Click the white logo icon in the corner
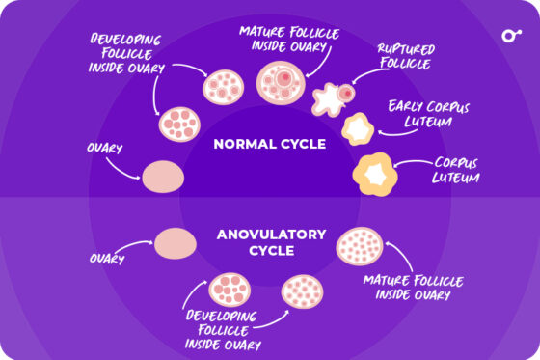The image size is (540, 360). [x=510, y=37]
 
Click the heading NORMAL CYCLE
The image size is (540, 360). [x=270, y=145]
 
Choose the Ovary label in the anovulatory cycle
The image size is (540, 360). [x=107, y=259]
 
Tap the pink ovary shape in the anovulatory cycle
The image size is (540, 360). [x=175, y=242]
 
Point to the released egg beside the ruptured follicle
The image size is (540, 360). [x=344, y=93]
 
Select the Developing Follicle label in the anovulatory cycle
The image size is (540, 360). [x=222, y=329]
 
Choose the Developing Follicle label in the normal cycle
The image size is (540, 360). [x=126, y=53]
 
